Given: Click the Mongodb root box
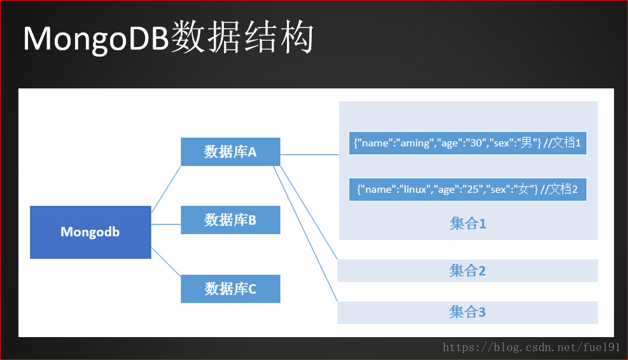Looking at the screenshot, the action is coord(90,232).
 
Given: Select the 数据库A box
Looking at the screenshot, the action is coord(230,152).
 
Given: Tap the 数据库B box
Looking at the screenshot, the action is coord(230,220).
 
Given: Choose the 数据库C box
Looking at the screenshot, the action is coord(230,289).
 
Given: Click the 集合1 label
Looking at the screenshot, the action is coord(468,223).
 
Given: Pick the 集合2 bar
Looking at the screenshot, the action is coord(468,271).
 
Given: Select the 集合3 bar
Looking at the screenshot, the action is coord(468,312).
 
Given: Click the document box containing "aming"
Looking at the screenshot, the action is coord(468,143).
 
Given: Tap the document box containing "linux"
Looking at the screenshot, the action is coord(468,190).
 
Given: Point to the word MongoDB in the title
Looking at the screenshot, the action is coord(96,39).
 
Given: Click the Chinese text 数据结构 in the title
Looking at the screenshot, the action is coord(242,38).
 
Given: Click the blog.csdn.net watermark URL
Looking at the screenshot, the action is coord(531,347).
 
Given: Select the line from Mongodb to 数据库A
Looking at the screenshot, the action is coord(166,189).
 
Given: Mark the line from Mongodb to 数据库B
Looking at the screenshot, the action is coord(166,225).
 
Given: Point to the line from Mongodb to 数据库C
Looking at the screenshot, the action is coord(166,262).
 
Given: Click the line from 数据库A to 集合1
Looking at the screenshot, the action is coord(310,155).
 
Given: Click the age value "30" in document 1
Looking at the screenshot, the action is coord(475,143).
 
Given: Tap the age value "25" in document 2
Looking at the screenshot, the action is coord(473,190).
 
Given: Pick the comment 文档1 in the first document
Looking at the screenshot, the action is coord(566,142).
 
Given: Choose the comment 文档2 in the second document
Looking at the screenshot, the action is coord(563,189).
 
